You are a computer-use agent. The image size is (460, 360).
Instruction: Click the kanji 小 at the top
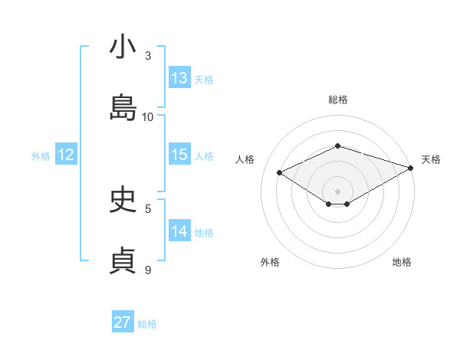[x=123, y=47]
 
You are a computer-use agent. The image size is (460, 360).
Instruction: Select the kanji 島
[x=123, y=108]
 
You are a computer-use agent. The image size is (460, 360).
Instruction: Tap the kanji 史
[x=123, y=201]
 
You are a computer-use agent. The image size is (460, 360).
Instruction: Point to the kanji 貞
[x=123, y=261]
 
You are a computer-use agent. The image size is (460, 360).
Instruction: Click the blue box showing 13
[x=179, y=78]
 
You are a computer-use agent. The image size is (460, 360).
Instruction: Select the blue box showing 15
[x=179, y=155]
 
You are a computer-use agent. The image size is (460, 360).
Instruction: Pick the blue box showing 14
[x=179, y=231]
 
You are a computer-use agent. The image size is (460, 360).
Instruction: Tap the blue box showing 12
[x=66, y=155]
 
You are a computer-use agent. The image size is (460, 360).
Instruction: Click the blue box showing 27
[x=123, y=322]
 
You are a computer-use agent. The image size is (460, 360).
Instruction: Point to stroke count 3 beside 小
[x=149, y=55]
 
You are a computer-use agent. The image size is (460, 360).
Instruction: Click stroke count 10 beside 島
[x=149, y=116]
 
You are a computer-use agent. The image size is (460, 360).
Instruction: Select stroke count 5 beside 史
[x=149, y=208]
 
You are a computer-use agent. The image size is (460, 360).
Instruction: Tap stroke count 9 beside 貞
[x=149, y=270]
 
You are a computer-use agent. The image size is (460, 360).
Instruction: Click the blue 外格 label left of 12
[x=41, y=155]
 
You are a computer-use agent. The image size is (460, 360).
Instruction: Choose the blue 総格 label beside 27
[x=147, y=323]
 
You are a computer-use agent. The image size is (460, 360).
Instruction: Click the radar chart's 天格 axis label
[x=431, y=159]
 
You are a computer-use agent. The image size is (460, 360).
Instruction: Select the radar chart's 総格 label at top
[x=337, y=100]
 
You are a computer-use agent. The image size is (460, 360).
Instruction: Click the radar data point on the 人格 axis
[x=280, y=172]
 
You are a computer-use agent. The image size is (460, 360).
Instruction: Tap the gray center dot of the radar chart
[x=337, y=191]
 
